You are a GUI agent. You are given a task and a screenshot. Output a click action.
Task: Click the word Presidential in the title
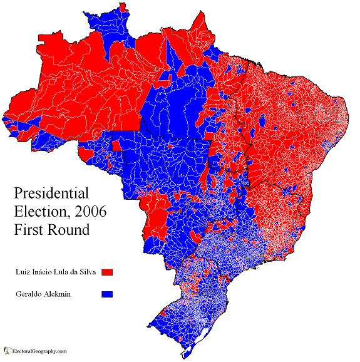coord(51,192)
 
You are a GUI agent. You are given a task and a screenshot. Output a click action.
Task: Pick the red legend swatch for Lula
coord(107,273)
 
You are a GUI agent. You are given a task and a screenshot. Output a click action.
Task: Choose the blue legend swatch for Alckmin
coord(107,293)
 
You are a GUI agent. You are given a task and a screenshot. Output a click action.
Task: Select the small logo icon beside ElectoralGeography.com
coord(8,351)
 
